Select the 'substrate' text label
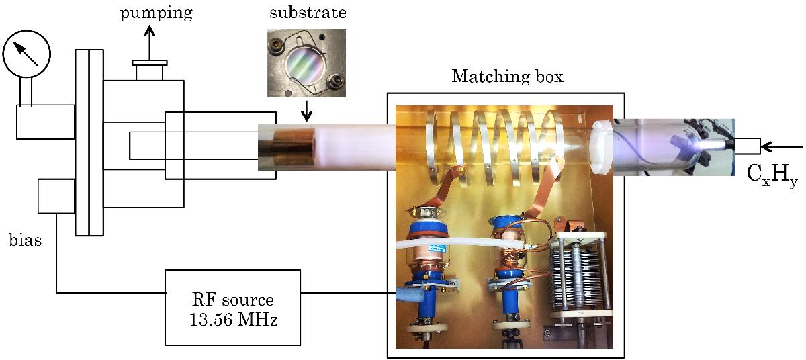tap(298, 13)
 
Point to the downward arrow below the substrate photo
tap(306, 111)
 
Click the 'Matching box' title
tap(507, 76)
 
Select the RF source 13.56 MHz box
tap(233, 308)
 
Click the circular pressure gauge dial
tap(24, 54)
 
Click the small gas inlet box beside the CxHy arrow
tap(748, 146)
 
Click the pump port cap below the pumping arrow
tap(148, 69)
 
